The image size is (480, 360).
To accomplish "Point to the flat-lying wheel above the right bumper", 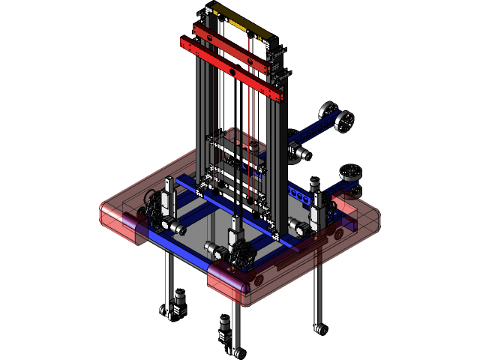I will coord(350,172).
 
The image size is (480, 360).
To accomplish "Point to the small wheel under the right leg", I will coord(322,328).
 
